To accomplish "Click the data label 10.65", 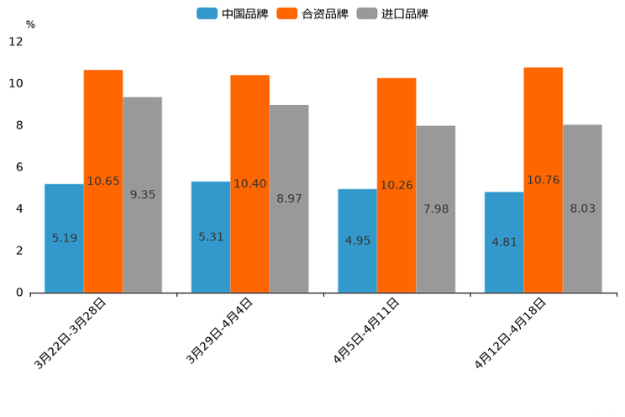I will (x=103, y=181).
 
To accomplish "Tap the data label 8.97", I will (x=289, y=199).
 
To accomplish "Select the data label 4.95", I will (x=358, y=240).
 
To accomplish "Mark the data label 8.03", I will (x=582, y=208).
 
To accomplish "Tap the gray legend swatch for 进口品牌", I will (x=366, y=13).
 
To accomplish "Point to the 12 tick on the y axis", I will (x=17, y=42).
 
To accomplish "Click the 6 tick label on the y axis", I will (x=18, y=167).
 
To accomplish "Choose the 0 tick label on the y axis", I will (x=18, y=293).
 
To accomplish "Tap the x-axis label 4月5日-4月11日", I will (x=366, y=332).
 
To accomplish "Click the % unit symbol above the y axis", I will (x=30, y=24).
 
